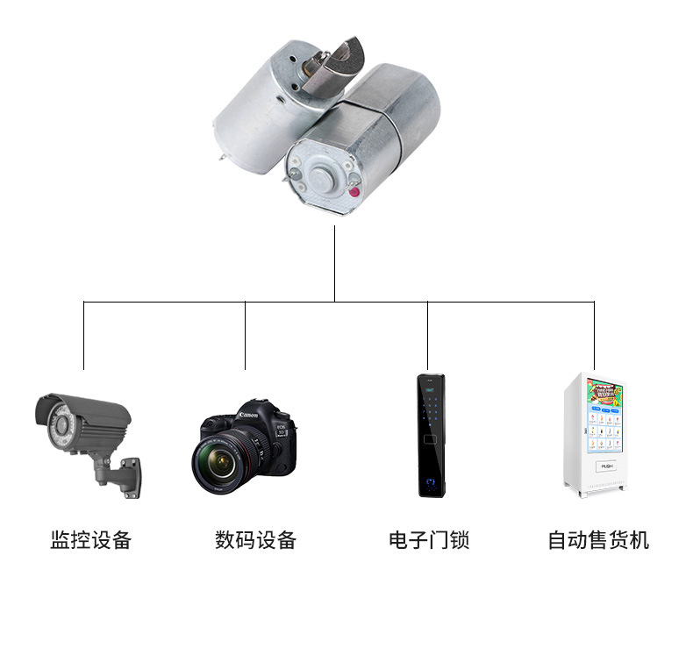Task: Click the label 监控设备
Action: [x=90, y=539]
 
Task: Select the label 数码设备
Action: [x=255, y=539]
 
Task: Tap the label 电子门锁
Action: [x=429, y=539]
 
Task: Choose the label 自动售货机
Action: [x=598, y=539]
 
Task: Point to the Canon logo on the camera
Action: [x=248, y=415]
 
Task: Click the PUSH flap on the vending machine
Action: [x=607, y=466]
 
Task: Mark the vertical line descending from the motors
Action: [x=334, y=263]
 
